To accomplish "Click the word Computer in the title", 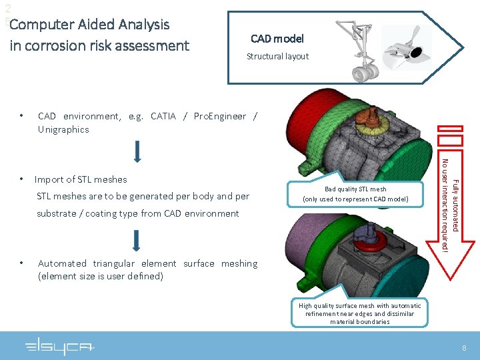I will pos(42,25).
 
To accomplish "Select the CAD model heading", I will pos(277,39).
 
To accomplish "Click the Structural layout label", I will pos(277,57).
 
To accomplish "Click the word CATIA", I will pos(163,116).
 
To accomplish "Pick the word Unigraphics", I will pos(63,129).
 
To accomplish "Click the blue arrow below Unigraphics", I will pos(137,152).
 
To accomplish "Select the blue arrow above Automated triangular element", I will pos(137,240).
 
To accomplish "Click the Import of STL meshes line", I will pos(81,179).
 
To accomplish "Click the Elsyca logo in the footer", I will pos(60,347).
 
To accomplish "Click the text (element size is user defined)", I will pos(101,276).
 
